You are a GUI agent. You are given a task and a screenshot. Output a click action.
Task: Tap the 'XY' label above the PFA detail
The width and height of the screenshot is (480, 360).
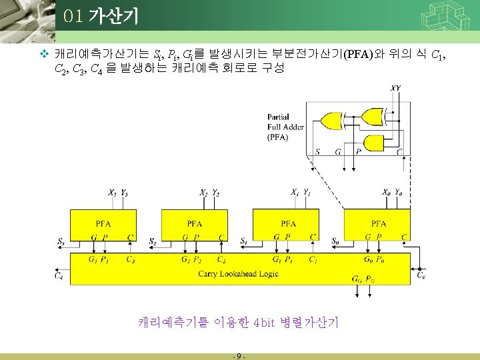coord(396,87)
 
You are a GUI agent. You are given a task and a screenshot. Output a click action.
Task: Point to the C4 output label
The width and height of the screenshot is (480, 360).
coord(59,274)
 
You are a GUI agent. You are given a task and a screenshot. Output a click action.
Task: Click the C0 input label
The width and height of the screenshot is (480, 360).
coord(421,274)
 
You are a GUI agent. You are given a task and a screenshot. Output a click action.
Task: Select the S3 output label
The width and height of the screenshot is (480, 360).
coord(61,241)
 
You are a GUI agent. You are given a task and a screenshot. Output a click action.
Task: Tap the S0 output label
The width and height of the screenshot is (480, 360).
coord(335,241)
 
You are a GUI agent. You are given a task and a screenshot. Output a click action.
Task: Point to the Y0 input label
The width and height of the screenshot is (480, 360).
coord(398,193)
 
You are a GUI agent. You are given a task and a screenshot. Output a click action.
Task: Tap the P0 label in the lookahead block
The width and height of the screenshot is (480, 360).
coord(379,259)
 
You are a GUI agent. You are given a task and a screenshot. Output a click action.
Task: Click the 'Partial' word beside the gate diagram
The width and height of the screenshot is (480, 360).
coord(278,118)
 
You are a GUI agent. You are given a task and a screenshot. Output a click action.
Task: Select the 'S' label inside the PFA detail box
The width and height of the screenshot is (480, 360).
coord(317,152)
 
